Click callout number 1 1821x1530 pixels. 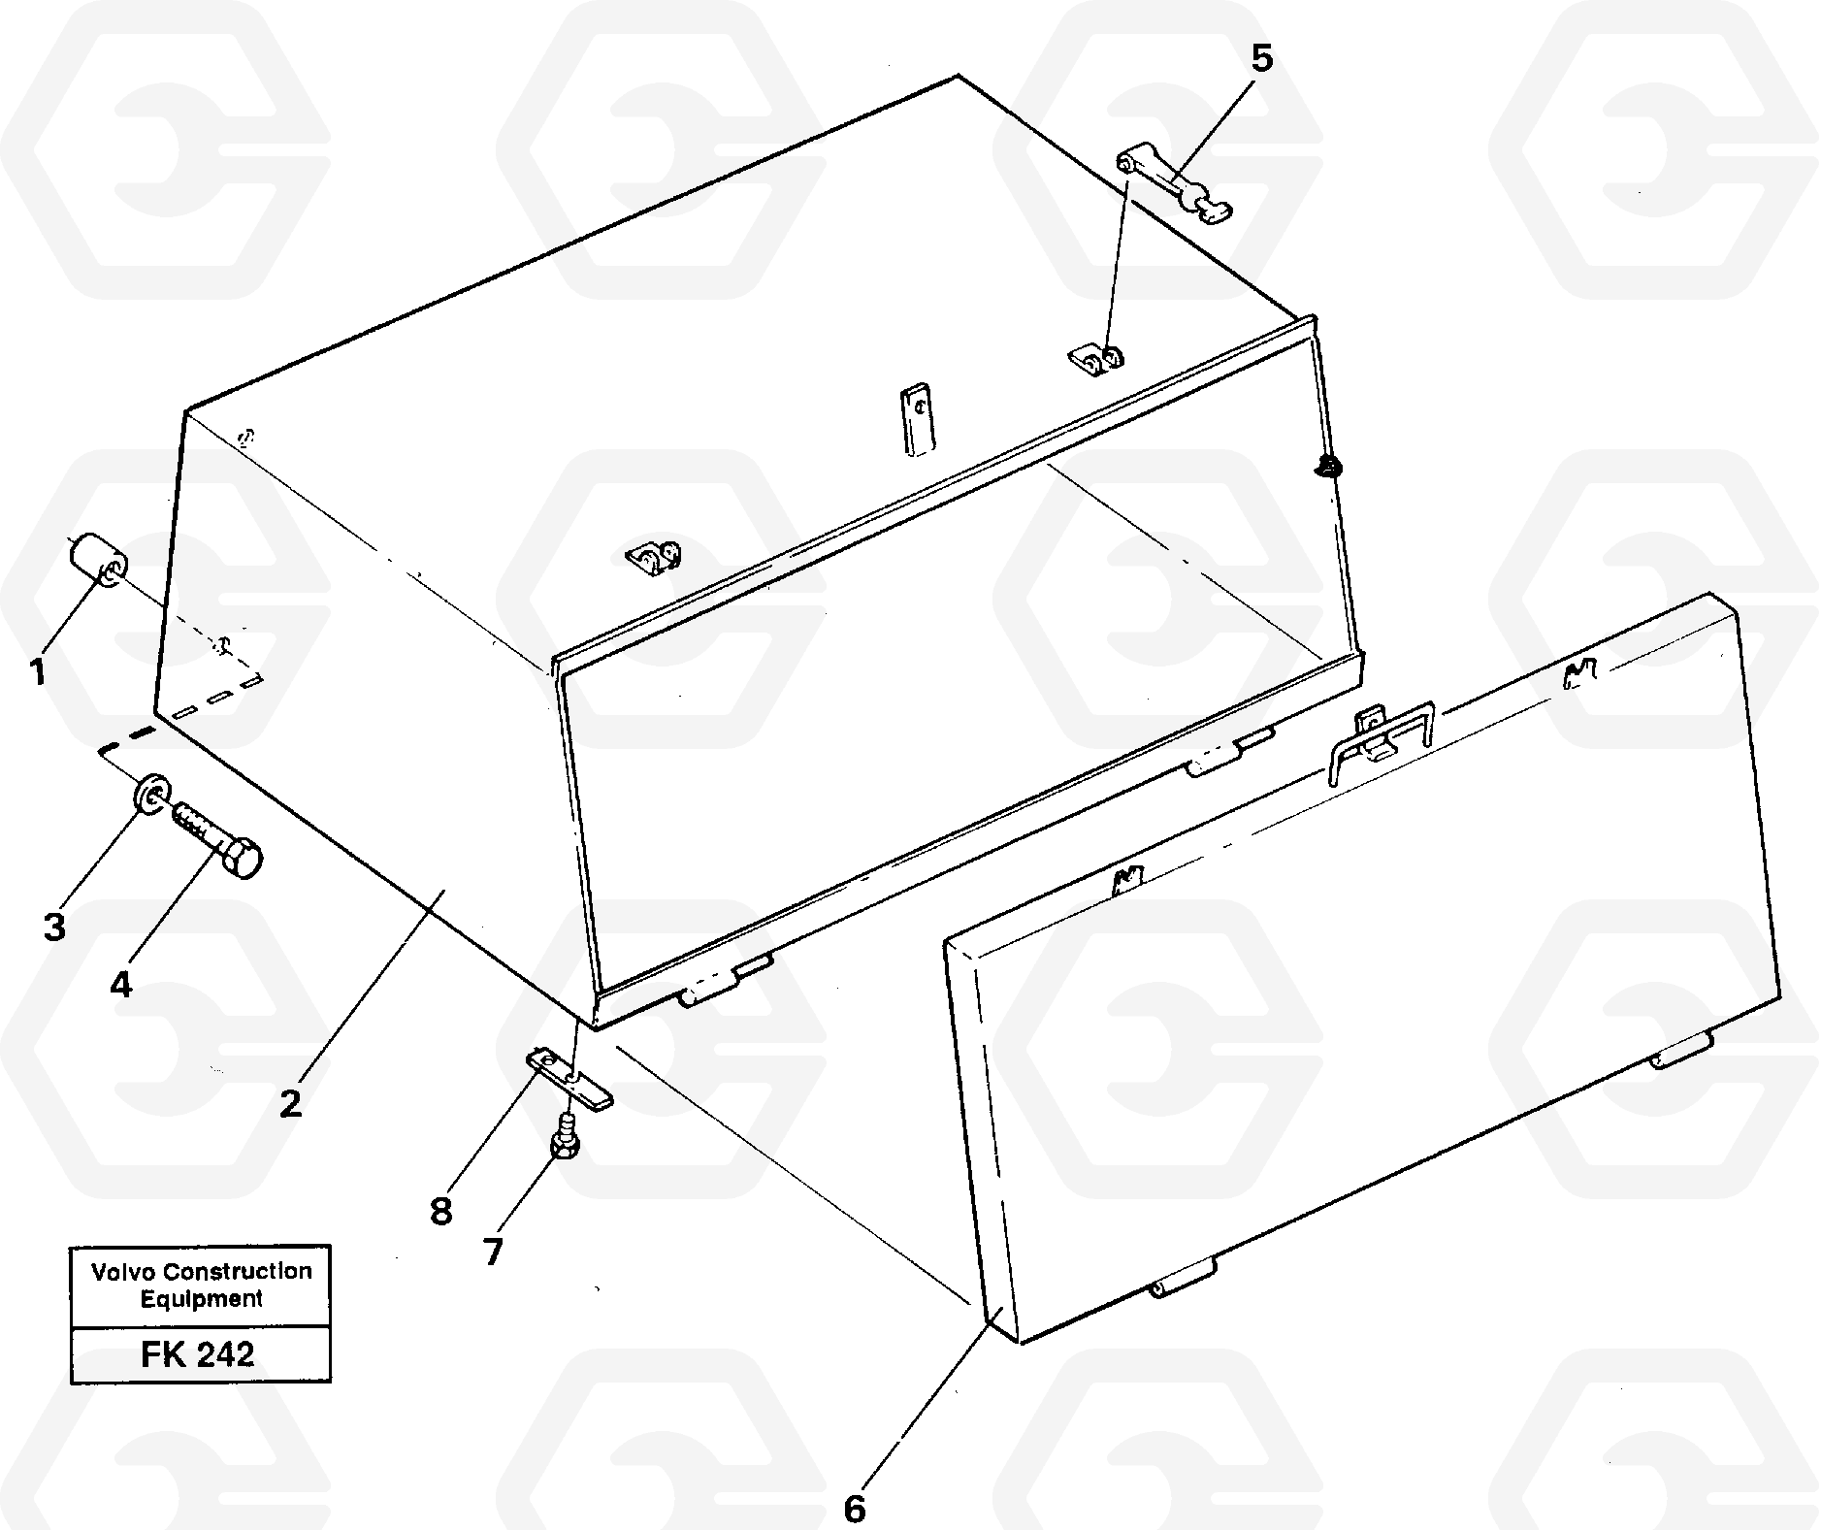pyautogui.click(x=37, y=670)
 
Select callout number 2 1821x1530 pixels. pyautogui.click(x=290, y=1102)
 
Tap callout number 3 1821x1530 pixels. pyautogui.click(x=54, y=926)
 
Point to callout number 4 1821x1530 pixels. pyautogui.click(x=120, y=985)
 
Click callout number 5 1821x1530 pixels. pyautogui.click(x=1260, y=58)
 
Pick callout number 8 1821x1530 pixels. pyautogui.click(x=441, y=1211)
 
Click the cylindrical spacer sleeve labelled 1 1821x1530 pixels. pyautogui.click(x=97, y=561)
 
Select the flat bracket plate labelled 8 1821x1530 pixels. pyautogui.click(x=570, y=1077)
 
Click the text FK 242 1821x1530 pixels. pyautogui.click(x=198, y=1353)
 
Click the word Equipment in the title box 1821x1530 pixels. pyautogui.click(x=202, y=1298)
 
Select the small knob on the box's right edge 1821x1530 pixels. pyautogui.click(x=1325, y=468)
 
